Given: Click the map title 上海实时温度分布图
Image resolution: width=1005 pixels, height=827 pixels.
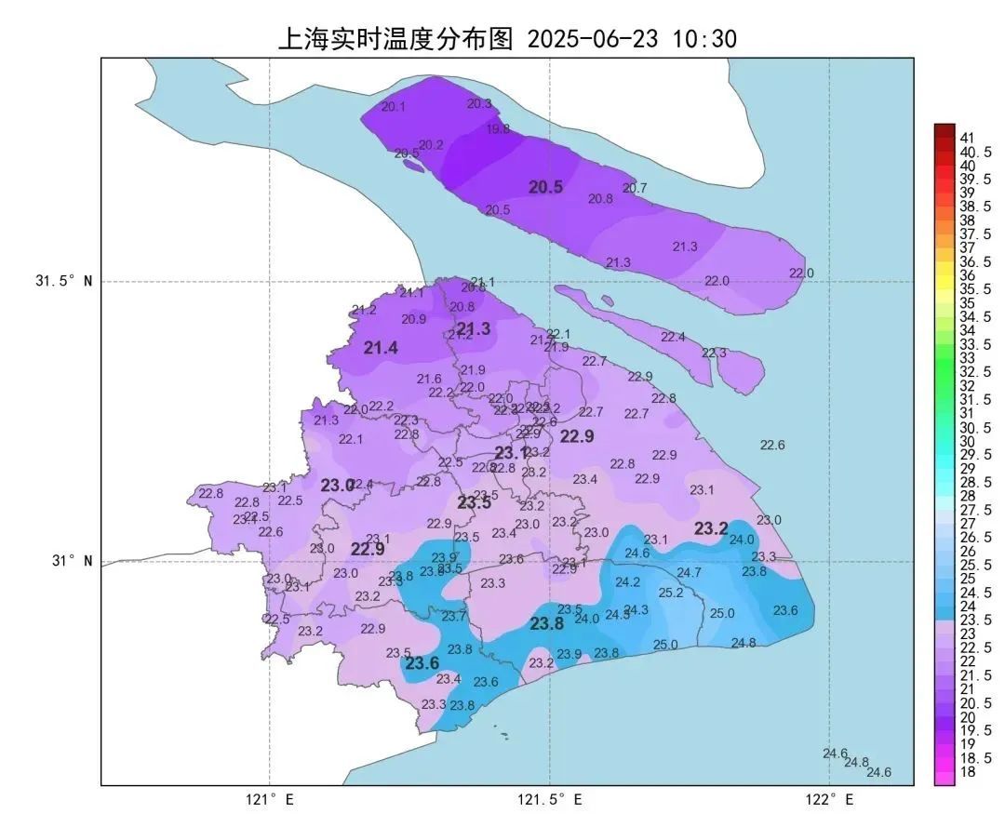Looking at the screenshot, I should click(395, 38).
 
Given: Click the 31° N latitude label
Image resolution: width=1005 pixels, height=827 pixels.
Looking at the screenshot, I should click(70, 561).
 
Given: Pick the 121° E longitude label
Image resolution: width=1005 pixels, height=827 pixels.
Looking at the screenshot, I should click(270, 799).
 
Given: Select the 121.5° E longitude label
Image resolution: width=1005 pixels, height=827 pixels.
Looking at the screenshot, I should click(550, 799).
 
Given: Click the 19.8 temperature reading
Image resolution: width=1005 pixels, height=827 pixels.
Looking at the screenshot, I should click(498, 129).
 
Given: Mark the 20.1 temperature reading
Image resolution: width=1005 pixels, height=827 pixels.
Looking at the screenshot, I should click(394, 107).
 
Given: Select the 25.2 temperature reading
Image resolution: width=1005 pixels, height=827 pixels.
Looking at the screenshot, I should click(671, 593).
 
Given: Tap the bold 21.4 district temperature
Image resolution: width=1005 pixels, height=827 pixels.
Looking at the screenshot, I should click(381, 348).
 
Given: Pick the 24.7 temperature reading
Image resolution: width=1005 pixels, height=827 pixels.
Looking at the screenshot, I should click(689, 572).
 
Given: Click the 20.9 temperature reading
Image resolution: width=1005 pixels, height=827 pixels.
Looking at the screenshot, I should click(414, 319).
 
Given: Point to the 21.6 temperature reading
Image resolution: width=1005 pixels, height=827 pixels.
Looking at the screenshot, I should click(429, 379).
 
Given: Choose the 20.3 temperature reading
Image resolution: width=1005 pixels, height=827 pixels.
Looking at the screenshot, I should click(479, 103).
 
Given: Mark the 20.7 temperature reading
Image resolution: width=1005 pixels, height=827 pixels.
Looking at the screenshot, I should click(635, 188).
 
